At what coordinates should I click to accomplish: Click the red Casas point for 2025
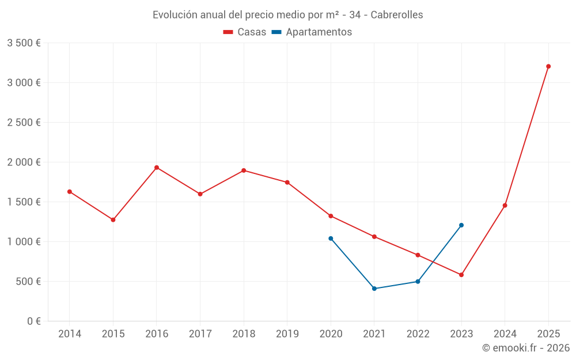(x=548, y=66)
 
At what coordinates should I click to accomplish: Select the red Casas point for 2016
(x=157, y=168)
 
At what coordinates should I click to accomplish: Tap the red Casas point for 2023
(x=461, y=275)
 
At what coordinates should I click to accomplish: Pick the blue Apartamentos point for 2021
(x=374, y=289)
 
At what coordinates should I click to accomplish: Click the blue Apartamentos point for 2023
(x=461, y=225)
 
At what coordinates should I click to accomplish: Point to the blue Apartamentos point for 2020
(x=331, y=238)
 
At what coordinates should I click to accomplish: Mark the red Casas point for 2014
(x=70, y=192)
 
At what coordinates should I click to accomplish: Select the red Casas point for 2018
(x=244, y=170)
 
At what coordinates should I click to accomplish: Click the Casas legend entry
(x=245, y=32)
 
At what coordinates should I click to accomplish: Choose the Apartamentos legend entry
(x=312, y=32)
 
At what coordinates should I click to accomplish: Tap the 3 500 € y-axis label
(x=24, y=43)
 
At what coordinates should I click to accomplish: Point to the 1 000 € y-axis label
(x=24, y=242)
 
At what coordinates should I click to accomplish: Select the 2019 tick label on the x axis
(x=287, y=334)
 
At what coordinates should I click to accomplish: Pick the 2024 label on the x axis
(x=505, y=334)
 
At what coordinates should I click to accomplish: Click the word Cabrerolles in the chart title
(x=397, y=15)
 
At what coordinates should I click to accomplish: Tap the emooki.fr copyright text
(x=526, y=348)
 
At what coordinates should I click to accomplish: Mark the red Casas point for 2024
(x=505, y=206)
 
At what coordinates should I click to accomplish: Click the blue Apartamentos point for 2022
(x=418, y=282)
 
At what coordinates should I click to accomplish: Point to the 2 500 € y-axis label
(x=24, y=123)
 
